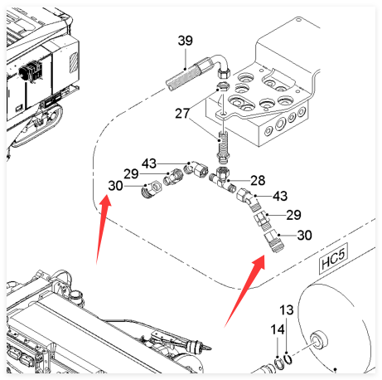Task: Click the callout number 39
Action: tap(186, 41)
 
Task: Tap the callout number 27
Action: tap(182, 114)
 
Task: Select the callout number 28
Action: tap(258, 180)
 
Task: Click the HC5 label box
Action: tap(333, 259)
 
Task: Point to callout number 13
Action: tap(287, 310)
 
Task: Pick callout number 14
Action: tap(278, 329)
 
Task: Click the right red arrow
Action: tap(244, 291)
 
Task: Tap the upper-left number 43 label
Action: tap(149, 163)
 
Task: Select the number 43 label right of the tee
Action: tap(280, 196)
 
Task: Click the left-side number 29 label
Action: tap(131, 174)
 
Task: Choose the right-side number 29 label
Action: tap(293, 215)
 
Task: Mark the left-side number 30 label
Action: tap(115, 186)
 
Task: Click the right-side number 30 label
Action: tap(304, 235)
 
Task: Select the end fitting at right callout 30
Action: tap(274, 241)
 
